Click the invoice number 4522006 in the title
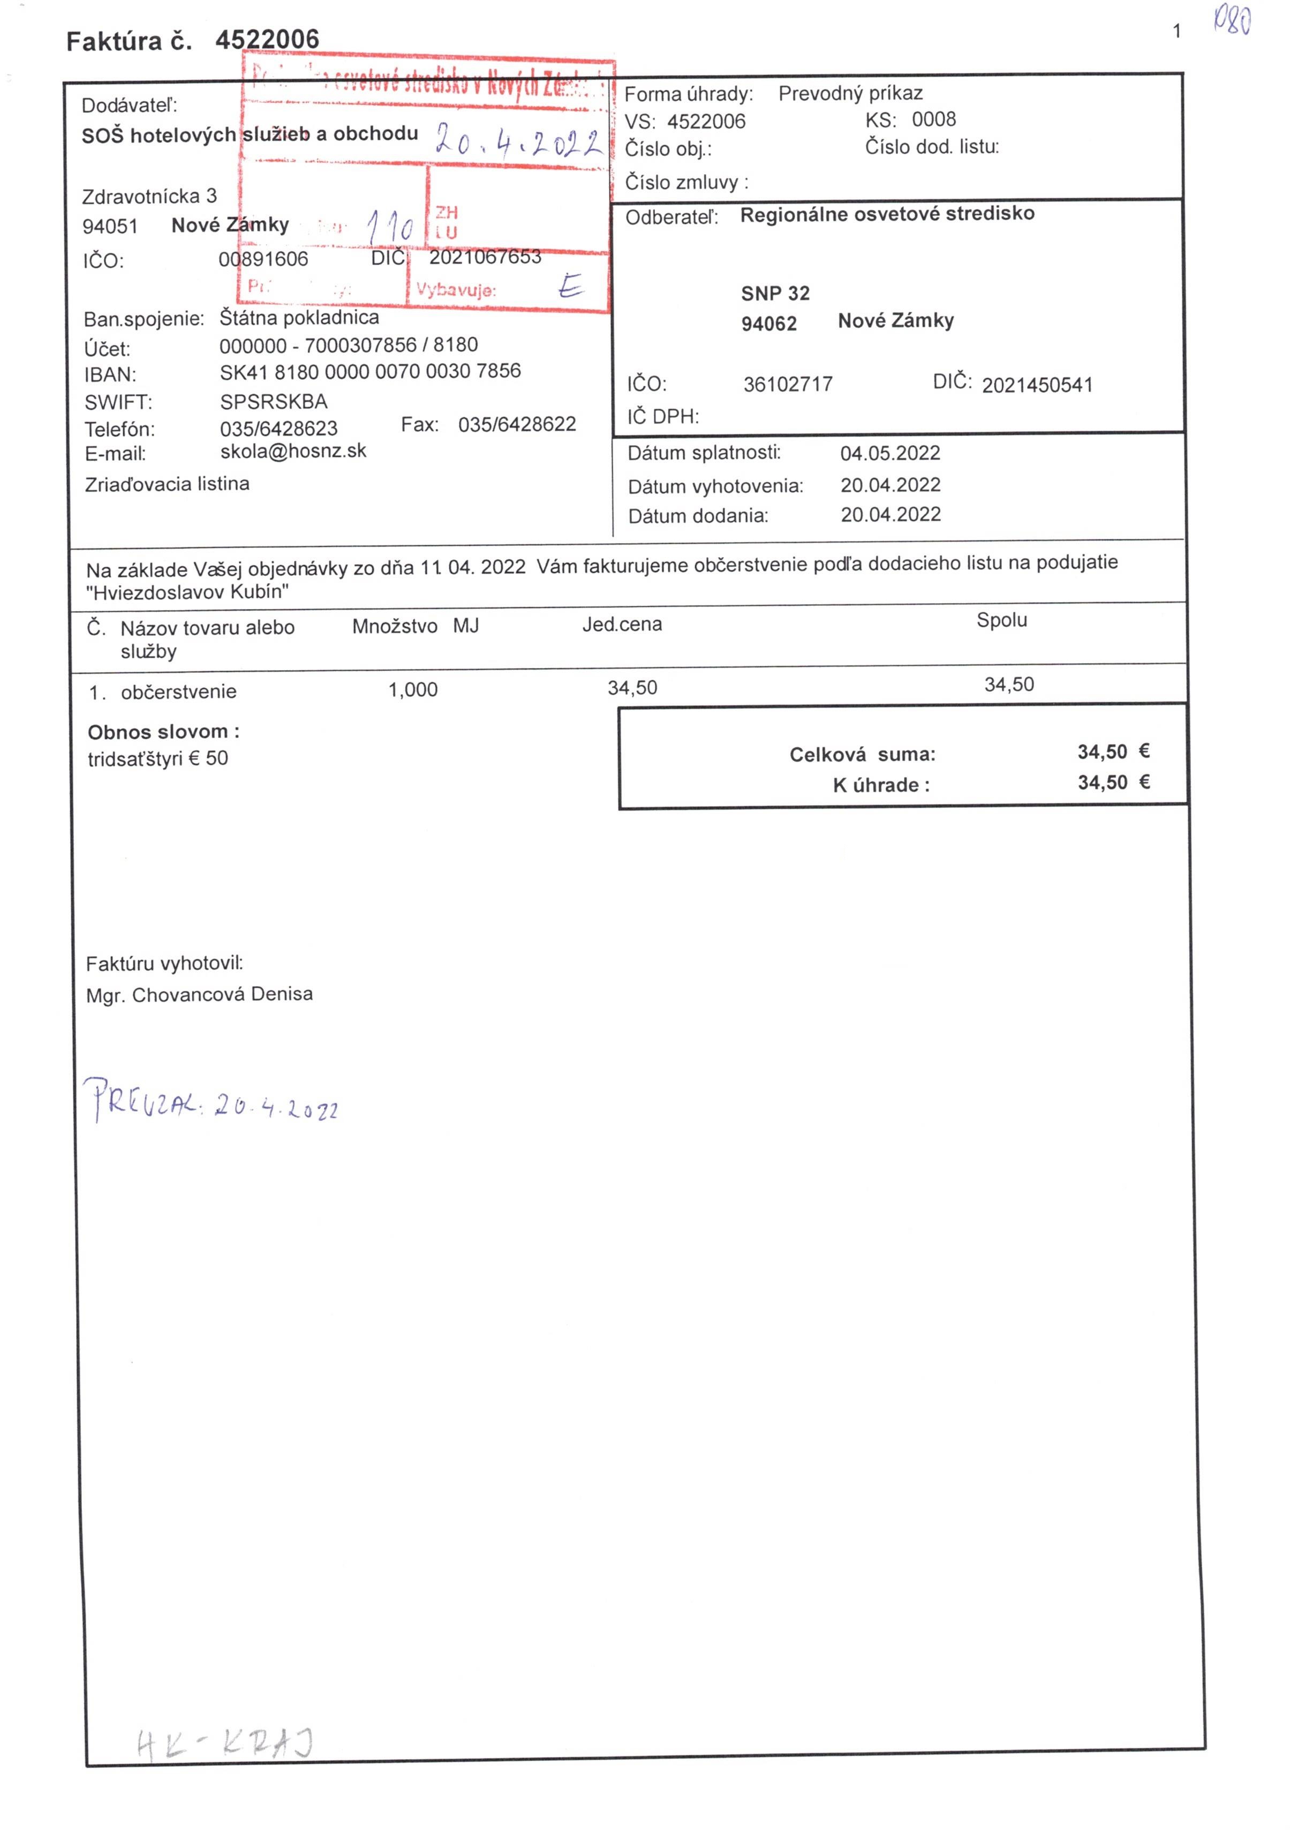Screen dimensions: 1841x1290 (x=267, y=39)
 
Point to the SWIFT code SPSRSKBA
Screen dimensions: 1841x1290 (x=274, y=402)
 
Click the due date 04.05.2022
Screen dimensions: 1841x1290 (x=890, y=453)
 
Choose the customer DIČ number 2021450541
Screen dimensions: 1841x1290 (x=1037, y=386)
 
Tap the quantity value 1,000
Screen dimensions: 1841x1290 (x=413, y=689)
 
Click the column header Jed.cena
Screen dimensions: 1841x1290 (x=622, y=625)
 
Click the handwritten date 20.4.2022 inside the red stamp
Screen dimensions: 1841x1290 (x=518, y=141)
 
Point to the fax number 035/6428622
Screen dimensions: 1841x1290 (x=517, y=424)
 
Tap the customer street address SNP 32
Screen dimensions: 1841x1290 (x=775, y=294)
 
